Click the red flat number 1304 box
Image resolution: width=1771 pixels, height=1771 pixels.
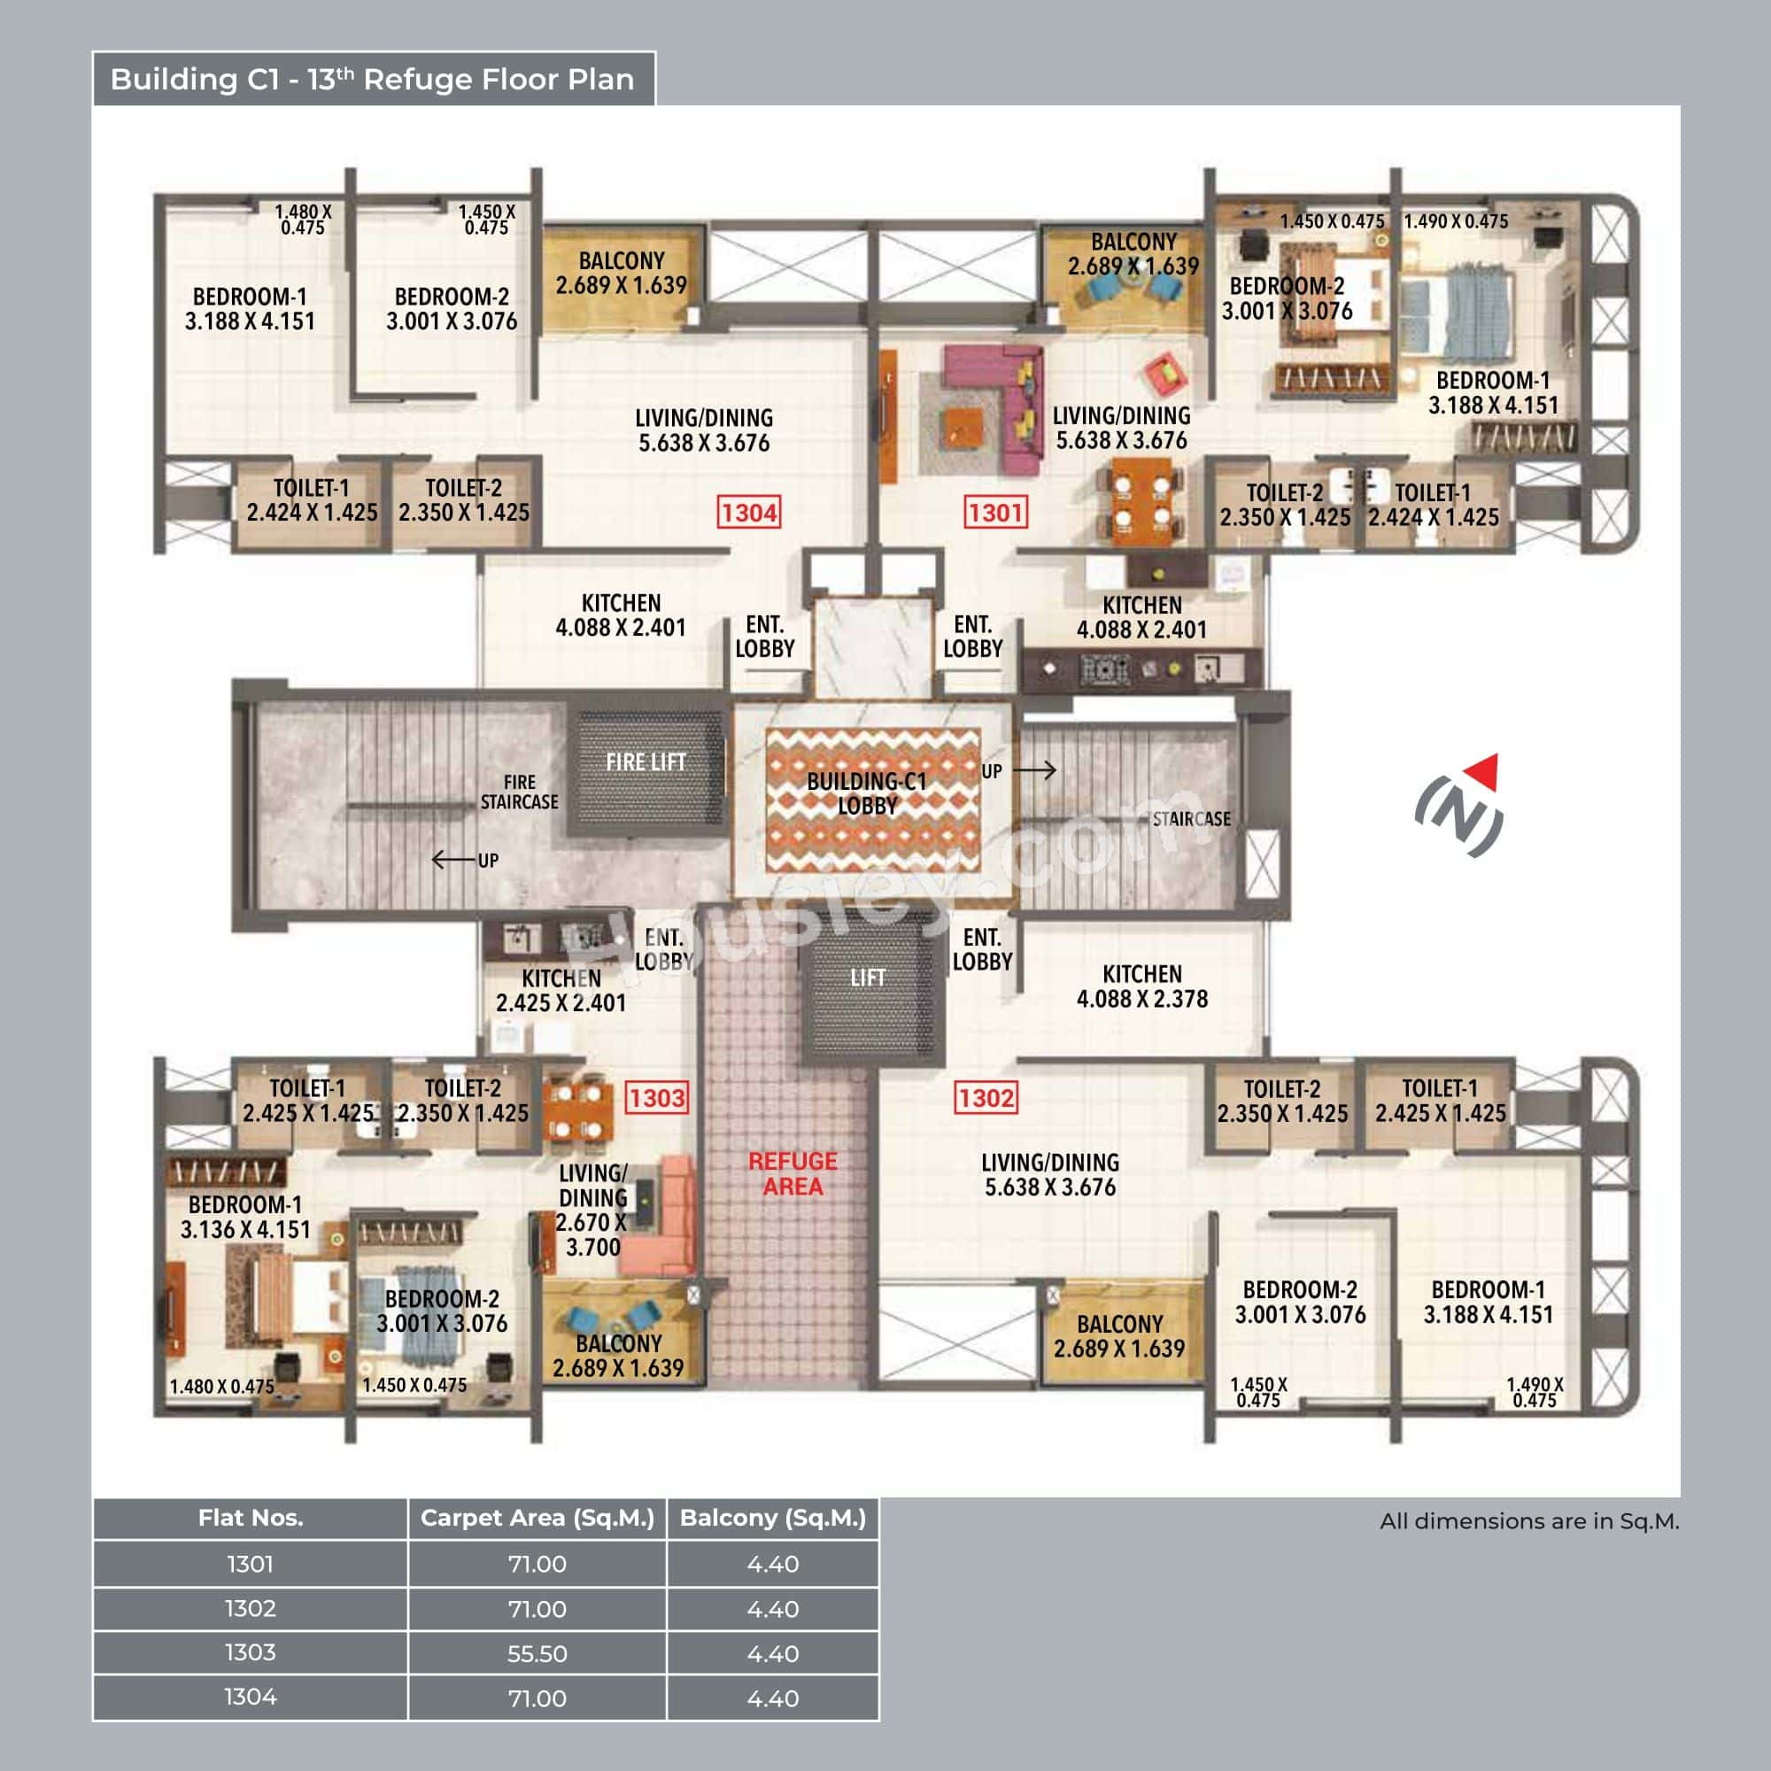click(749, 513)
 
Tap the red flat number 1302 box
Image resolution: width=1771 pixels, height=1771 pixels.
click(986, 1097)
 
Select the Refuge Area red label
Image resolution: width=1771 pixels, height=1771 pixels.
click(793, 1173)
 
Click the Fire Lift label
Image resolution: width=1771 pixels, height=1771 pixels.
click(646, 762)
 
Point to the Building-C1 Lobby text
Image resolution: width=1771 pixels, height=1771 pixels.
click(866, 793)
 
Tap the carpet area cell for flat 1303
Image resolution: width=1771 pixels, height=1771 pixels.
click(537, 1653)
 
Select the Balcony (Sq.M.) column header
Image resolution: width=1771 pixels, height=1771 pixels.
click(773, 1518)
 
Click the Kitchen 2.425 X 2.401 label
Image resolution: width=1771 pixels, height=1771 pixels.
click(561, 990)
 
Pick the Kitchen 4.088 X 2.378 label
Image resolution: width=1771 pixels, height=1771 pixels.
click(1142, 986)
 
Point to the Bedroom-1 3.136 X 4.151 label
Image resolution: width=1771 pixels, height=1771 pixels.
click(244, 1218)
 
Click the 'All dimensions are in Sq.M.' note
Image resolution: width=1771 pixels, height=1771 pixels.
click(1529, 1521)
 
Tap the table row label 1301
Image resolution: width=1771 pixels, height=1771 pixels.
click(251, 1564)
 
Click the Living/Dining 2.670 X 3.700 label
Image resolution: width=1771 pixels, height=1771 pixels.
click(593, 1210)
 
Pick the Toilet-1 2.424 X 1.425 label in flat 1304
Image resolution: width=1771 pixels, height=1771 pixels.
click(311, 500)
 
